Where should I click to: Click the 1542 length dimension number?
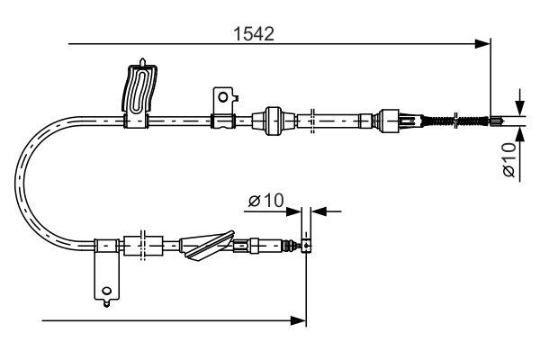pyautogui.click(x=253, y=33)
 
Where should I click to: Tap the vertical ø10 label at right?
pyautogui.click(x=509, y=159)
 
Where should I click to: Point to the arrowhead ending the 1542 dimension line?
pyautogui.click(x=483, y=42)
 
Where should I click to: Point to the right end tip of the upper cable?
pyautogui.click(x=505, y=119)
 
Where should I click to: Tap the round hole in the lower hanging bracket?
pyautogui.click(x=107, y=290)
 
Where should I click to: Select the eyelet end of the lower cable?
pyautogui.click(x=307, y=245)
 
